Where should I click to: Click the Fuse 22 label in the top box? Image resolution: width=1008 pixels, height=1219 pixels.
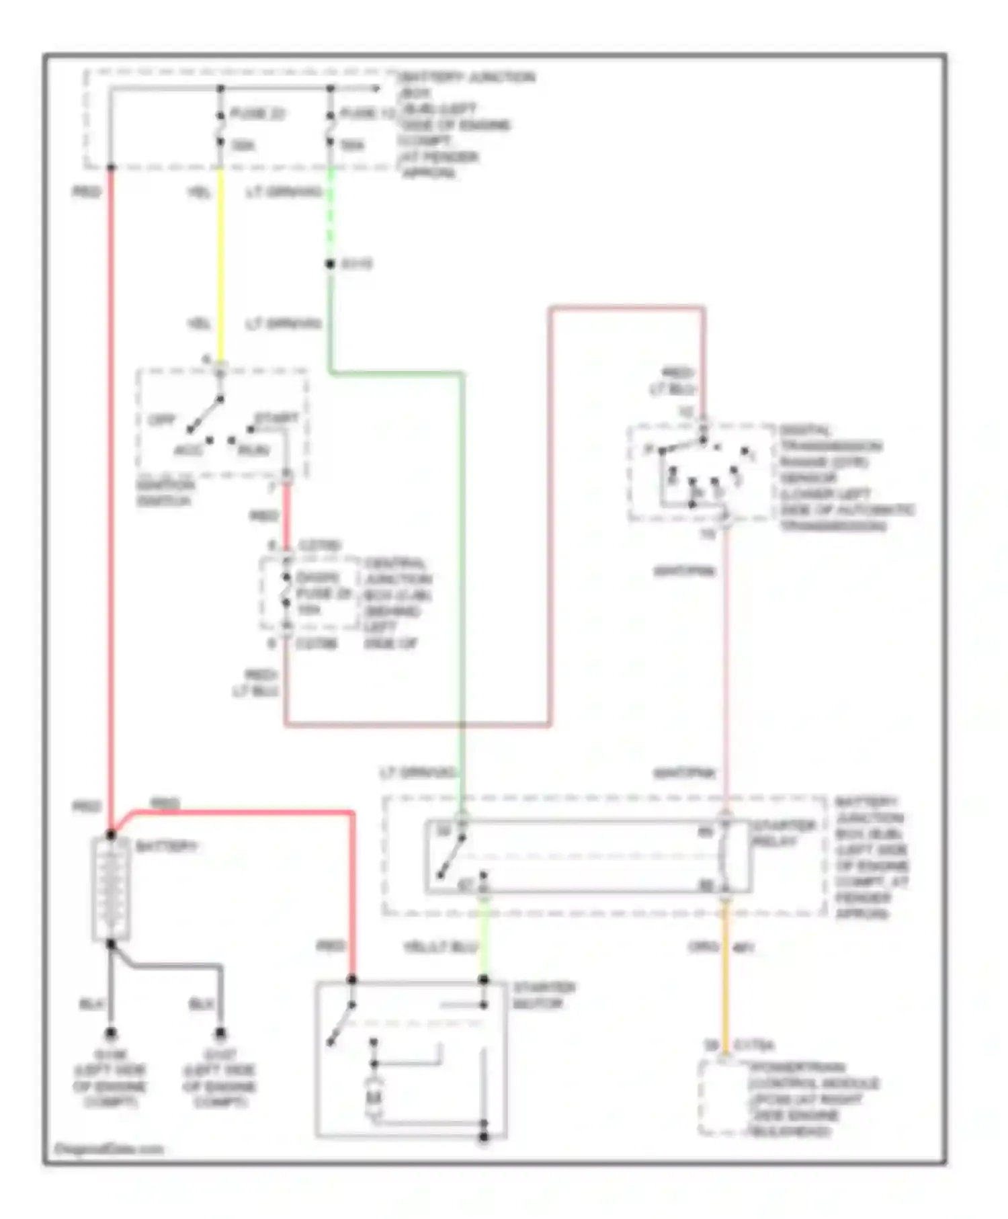coord(257,113)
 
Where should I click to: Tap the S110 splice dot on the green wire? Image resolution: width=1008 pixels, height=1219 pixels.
coord(330,264)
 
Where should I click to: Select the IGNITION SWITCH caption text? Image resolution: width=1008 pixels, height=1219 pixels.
coord(165,493)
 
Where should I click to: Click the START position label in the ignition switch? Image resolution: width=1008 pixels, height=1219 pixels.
coord(276,419)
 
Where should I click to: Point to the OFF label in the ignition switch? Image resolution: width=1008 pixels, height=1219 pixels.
coord(161,421)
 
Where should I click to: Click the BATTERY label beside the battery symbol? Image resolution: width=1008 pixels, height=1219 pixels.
coord(166,847)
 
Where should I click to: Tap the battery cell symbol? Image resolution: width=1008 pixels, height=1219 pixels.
coord(111,888)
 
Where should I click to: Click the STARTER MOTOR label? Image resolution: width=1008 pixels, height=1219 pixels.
coord(544,995)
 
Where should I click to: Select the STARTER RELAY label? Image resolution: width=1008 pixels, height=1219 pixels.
coord(783,833)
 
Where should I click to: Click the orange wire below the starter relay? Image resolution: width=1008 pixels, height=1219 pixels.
coord(725,974)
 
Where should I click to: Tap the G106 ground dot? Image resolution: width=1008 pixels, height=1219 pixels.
coord(110,1033)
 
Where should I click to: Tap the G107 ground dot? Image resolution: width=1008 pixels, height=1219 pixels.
coord(220,1033)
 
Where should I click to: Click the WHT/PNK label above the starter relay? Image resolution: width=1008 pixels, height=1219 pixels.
coord(684,773)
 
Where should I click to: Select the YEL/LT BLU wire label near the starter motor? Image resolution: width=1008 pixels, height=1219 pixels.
coord(440,947)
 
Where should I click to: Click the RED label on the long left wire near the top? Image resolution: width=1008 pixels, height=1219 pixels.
coord(86,193)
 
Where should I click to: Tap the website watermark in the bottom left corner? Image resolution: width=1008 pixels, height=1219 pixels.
coord(108,1149)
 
